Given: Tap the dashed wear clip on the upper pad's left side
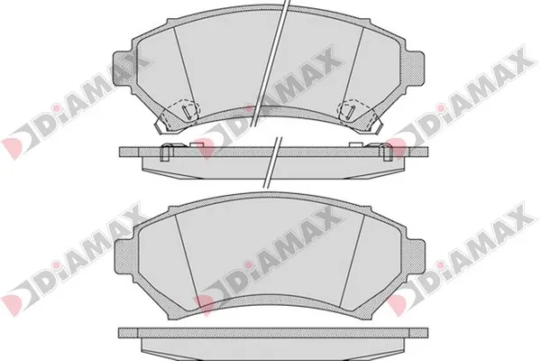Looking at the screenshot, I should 179,112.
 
